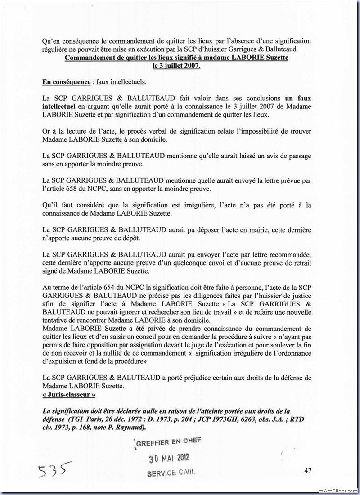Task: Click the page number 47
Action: pos(308,471)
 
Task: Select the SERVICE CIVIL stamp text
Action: pos(172,473)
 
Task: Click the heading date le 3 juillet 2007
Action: pos(176,66)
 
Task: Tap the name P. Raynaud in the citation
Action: pos(127,427)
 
